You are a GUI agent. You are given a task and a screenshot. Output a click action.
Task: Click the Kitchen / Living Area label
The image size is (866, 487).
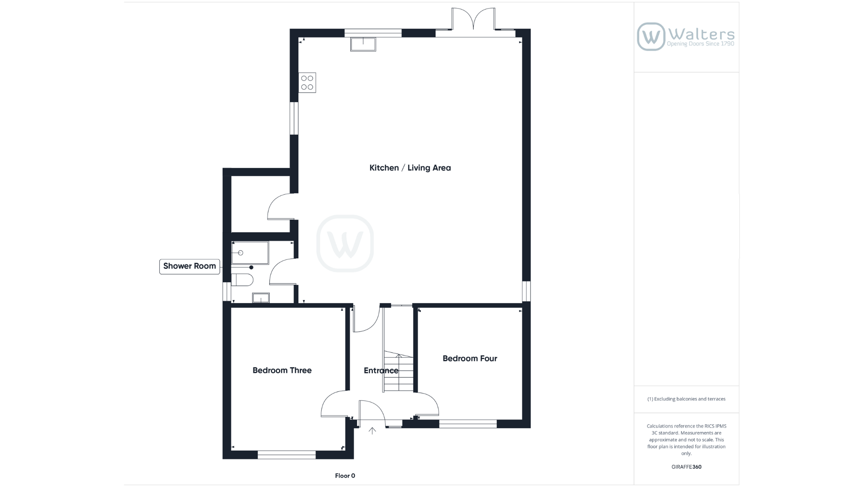click(410, 168)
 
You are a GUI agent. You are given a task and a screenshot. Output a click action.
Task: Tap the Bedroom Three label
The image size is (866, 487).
click(282, 370)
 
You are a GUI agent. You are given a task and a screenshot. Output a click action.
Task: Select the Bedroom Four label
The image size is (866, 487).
click(470, 358)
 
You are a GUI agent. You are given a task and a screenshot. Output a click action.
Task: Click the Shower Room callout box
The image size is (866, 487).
click(190, 266)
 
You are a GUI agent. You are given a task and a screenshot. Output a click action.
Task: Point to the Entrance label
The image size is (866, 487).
click(381, 371)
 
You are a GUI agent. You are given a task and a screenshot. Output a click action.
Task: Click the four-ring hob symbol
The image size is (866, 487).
click(307, 83)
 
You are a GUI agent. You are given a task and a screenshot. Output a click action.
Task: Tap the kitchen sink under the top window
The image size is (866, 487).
click(363, 44)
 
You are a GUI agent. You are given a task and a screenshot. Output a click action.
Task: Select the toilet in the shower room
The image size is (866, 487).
click(242, 280)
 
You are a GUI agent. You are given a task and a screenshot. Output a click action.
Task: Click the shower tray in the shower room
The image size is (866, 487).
click(250, 253)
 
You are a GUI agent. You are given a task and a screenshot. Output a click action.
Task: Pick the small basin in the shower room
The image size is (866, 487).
click(261, 298)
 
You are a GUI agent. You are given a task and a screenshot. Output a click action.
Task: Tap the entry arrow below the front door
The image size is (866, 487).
click(372, 431)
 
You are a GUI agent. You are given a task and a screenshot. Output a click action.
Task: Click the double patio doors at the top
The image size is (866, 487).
click(473, 19)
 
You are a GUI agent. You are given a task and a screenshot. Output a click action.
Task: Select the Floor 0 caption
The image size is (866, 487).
click(345, 476)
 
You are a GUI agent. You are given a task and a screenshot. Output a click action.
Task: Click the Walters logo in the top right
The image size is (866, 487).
click(686, 36)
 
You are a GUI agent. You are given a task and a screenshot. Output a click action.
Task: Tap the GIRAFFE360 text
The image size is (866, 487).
click(686, 467)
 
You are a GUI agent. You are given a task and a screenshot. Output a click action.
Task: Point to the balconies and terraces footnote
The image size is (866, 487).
click(686, 399)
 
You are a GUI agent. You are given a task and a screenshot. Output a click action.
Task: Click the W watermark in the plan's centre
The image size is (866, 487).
click(345, 243)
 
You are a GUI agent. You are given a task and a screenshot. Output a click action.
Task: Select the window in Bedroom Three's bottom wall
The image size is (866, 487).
click(287, 455)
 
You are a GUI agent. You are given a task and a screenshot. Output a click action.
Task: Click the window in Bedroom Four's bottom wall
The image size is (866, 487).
click(468, 424)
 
